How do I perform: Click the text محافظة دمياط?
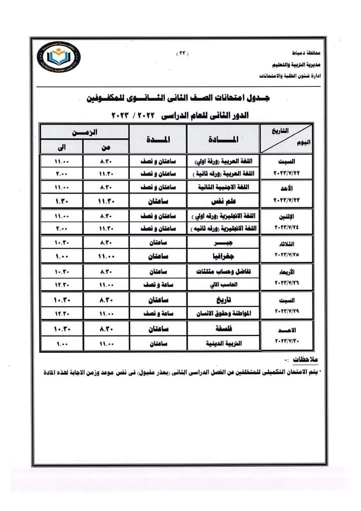click(x=306, y=52)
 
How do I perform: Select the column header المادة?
click(x=224, y=139)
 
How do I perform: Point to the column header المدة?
click(x=158, y=139)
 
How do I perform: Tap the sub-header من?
click(x=106, y=147)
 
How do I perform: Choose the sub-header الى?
click(x=62, y=147)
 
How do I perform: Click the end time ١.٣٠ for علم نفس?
click(x=62, y=202)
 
